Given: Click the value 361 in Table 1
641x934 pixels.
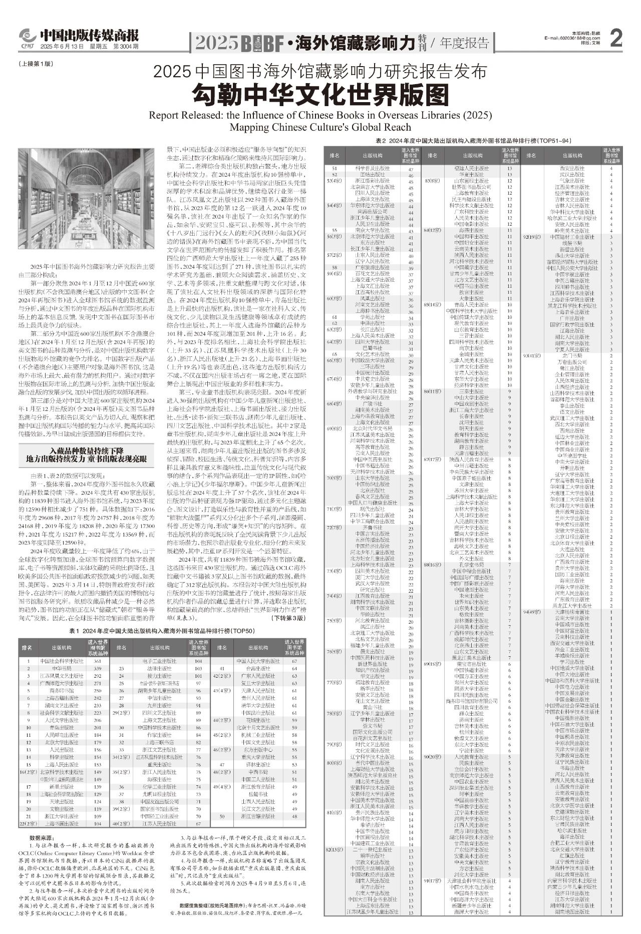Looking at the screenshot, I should [x=98, y=661].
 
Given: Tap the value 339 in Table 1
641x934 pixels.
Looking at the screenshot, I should [x=98, y=668].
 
